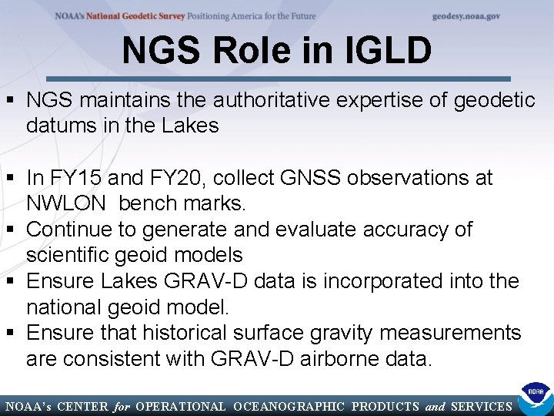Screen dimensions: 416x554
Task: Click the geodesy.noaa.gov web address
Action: tap(466, 15)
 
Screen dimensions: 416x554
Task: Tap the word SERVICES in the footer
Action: tap(482, 406)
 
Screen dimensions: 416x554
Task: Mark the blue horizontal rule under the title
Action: tap(277, 79)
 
